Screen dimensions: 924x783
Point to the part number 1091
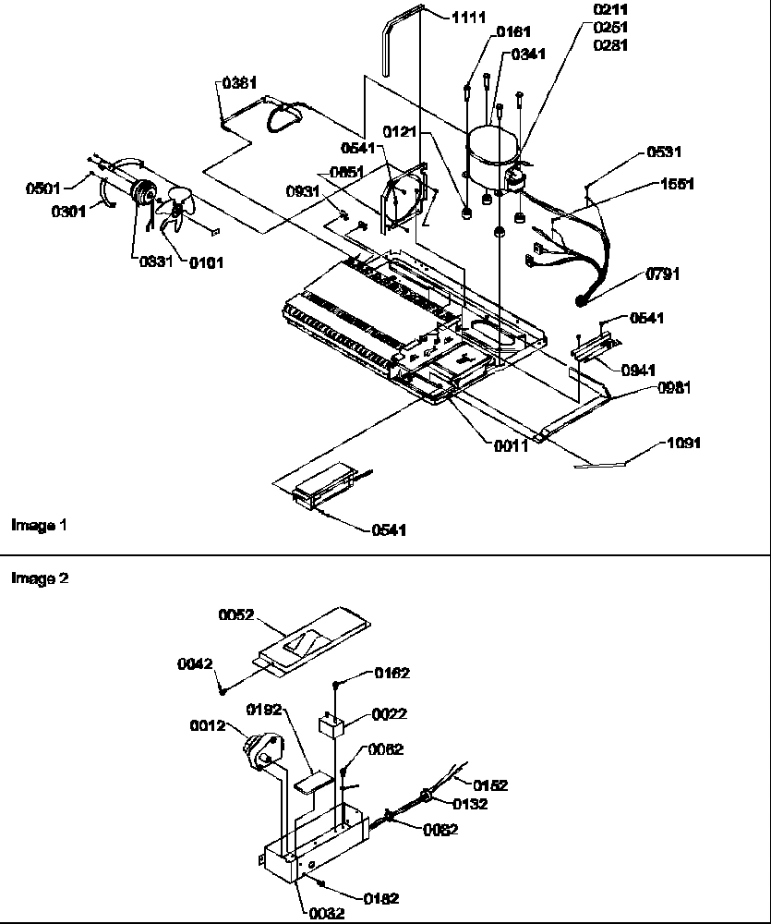(x=683, y=444)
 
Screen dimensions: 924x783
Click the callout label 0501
(x=42, y=189)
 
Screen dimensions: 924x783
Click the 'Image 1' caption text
(x=39, y=525)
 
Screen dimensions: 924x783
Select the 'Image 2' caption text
(x=39, y=578)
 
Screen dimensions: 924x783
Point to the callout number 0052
(x=235, y=614)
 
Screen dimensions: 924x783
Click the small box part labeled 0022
(x=331, y=723)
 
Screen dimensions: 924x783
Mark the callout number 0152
(x=489, y=785)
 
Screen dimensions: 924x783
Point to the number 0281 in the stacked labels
(x=609, y=44)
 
